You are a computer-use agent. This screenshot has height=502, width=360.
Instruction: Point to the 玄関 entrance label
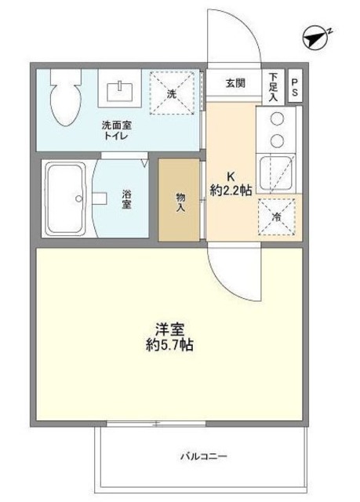tap(235, 82)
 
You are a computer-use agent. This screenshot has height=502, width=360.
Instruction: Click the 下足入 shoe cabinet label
tap(273, 87)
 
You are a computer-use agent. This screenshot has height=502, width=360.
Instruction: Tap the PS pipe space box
tap(295, 88)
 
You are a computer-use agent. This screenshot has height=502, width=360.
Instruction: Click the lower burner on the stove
tap(276, 141)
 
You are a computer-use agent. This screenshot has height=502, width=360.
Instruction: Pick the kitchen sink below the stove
tap(275, 173)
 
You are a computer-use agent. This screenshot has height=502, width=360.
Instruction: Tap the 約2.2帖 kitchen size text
tap(232, 190)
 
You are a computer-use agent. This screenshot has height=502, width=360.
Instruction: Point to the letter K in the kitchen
tap(231, 176)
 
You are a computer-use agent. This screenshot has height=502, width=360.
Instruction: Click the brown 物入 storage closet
tap(180, 201)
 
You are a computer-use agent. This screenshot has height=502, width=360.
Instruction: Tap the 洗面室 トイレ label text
tap(115, 130)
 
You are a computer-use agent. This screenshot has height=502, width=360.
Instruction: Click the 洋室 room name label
tap(167, 330)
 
